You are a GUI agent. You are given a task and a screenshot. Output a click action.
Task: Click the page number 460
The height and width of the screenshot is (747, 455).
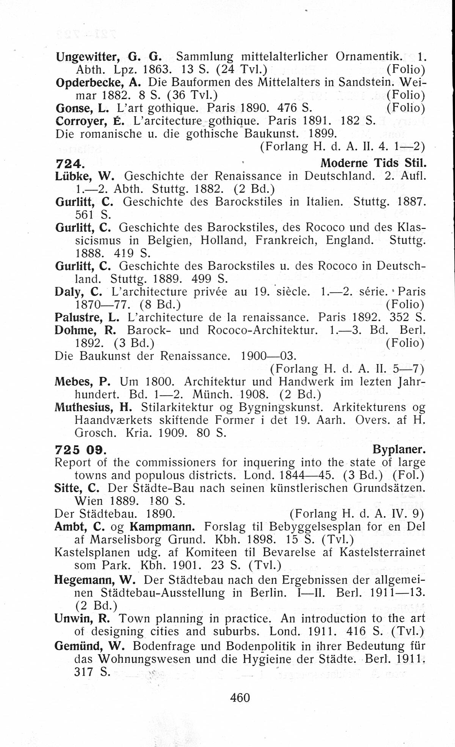point(240,698)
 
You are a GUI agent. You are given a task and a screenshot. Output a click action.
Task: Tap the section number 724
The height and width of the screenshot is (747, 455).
point(68,164)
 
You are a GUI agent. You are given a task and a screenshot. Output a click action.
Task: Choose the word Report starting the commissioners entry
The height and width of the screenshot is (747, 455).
point(73,462)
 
